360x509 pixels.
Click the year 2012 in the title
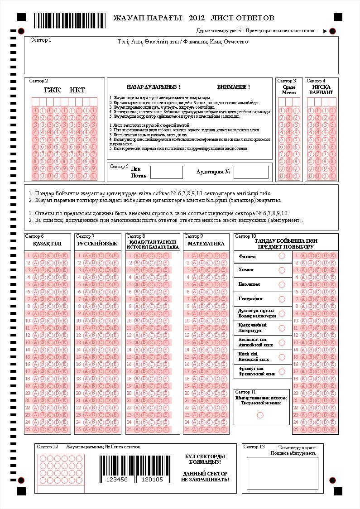pos(197,18)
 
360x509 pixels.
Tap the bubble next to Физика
pos(282,256)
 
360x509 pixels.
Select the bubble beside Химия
pos(282,270)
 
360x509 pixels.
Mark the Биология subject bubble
pos(282,285)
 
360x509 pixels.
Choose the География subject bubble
pos(282,299)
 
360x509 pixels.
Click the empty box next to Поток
pos(166,173)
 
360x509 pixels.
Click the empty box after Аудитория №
pos(251,173)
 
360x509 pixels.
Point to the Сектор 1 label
pos(41,40)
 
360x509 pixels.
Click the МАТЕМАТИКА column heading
pos(206,244)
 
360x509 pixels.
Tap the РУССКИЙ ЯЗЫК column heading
pos(97,244)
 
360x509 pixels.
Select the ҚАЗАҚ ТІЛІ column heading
pos(47,244)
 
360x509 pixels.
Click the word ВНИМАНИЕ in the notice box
pos(233,87)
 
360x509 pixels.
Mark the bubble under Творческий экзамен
pos(260,415)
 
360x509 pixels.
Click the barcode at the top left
pos(69,20)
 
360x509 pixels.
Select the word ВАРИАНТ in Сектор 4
pos(321,92)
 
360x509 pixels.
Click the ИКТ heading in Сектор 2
pos(77,90)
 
